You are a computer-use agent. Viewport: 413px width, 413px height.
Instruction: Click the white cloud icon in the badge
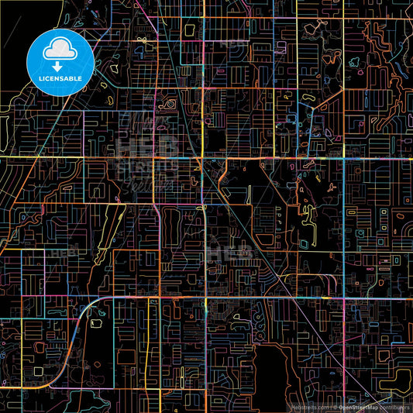[x=60, y=50]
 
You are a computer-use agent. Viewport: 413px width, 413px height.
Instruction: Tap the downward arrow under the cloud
[x=60, y=57]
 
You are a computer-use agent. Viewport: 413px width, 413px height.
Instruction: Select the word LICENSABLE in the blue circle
[x=60, y=77]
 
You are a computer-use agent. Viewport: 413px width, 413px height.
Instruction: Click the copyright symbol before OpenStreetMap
[x=335, y=407]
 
